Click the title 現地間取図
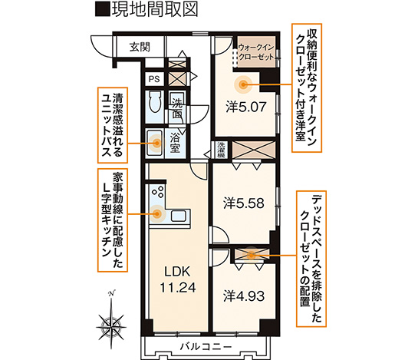[x=146, y=10]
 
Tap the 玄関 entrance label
[x=140, y=47]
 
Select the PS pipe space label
[x=154, y=79]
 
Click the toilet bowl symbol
[x=156, y=101]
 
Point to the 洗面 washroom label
[x=177, y=109]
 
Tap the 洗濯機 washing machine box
[x=221, y=150]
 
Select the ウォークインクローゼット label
[x=256, y=52]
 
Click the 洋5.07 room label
[x=246, y=107]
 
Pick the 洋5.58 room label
[x=244, y=203]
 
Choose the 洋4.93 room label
[x=244, y=296]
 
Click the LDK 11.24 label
[x=177, y=279]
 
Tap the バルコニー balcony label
[x=206, y=347]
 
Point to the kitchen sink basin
[x=179, y=216]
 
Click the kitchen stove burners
[x=157, y=192]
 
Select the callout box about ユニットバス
[x=112, y=125]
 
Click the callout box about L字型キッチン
[x=113, y=220]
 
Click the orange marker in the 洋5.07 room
[x=243, y=85]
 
